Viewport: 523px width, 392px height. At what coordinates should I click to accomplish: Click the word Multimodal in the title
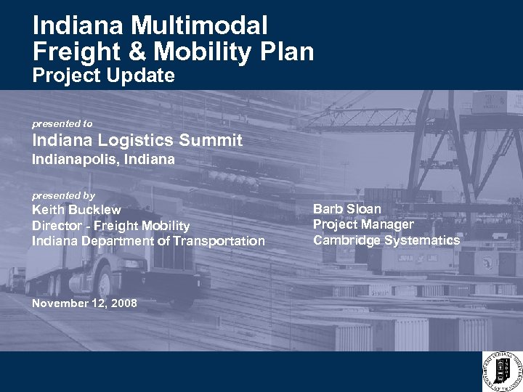(x=200, y=26)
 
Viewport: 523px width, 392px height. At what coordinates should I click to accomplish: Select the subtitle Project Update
(x=103, y=75)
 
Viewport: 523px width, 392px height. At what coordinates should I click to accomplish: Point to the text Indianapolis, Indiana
(x=103, y=160)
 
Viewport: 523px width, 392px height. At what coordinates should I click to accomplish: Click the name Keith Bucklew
(x=76, y=211)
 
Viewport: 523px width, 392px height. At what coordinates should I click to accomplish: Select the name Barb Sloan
(x=346, y=209)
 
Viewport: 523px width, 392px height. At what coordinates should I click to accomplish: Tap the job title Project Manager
(x=363, y=224)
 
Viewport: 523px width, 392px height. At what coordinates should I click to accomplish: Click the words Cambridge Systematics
(x=386, y=240)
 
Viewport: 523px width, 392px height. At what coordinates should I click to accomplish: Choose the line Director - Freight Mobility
(x=110, y=226)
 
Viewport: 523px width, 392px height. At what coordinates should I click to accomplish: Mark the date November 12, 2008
(x=84, y=303)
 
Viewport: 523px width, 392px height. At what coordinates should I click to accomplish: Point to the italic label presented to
(x=62, y=124)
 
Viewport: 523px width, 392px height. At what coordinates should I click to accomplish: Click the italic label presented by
(x=63, y=196)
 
